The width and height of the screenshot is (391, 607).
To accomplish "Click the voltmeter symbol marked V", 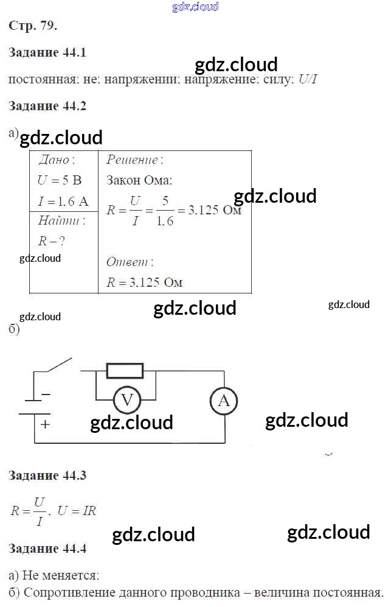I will point(127,401).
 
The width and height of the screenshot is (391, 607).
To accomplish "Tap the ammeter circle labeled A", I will point(223,401).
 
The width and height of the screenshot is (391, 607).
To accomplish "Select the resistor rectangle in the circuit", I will point(125,370).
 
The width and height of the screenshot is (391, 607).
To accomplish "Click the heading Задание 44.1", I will point(48,52).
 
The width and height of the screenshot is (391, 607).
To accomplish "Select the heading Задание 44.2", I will point(48,106).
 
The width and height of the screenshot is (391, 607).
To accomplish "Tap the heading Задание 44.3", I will point(48,475).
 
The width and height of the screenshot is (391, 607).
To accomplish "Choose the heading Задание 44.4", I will point(48,549).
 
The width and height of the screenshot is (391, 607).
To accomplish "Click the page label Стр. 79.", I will point(33,26).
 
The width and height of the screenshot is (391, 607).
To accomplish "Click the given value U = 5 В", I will point(59,180).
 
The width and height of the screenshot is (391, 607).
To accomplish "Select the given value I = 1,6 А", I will point(63,201).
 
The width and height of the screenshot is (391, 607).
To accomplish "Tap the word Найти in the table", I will point(61,220).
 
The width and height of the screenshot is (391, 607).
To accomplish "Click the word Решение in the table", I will point(133,160).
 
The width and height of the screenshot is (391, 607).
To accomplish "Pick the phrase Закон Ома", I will point(139,180).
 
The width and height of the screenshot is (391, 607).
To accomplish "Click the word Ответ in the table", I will point(129,262).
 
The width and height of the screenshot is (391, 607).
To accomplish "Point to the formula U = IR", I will point(77,511).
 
